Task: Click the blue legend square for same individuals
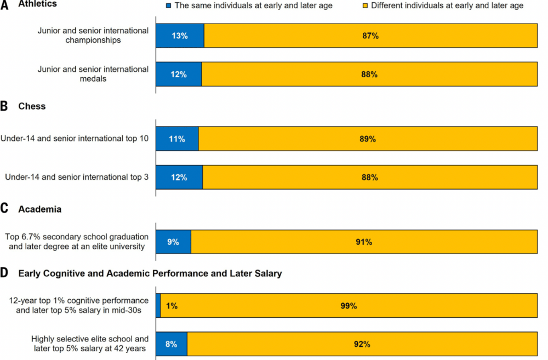(169, 5)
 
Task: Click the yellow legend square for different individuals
(365, 5)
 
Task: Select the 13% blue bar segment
(180, 36)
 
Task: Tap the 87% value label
(370, 36)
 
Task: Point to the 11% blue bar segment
(177, 139)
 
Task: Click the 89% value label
(368, 139)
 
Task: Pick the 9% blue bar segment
(173, 242)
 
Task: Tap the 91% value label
(364, 242)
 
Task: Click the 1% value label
(172, 306)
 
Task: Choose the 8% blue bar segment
(172, 344)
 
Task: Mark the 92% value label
(362, 344)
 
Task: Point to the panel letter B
(4, 106)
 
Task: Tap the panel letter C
(4, 209)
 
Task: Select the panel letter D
(4, 273)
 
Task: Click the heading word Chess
(32, 106)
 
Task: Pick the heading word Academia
(39, 209)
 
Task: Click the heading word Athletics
(37, 4)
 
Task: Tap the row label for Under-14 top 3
(76, 178)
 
